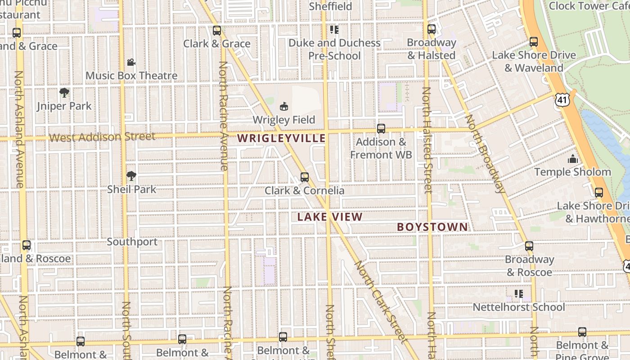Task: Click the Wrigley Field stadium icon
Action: click(x=283, y=106)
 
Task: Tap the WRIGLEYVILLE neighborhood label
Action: click(x=281, y=138)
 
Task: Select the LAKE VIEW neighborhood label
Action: click(x=330, y=217)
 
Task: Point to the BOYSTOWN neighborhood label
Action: click(x=432, y=227)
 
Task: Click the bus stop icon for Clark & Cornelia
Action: click(x=305, y=177)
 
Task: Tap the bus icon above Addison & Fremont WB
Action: click(x=381, y=128)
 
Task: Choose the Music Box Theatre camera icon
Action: click(x=131, y=62)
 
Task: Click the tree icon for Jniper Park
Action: click(x=64, y=93)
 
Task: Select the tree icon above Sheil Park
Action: click(x=131, y=175)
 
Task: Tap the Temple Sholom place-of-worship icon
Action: click(x=572, y=159)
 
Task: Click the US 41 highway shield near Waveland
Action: click(x=562, y=99)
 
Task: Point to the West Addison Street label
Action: click(x=102, y=137)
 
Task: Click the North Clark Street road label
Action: click(x=381, y=301)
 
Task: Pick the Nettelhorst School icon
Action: click(x=518, y=294)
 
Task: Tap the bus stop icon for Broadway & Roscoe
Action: click(x=529, y=246)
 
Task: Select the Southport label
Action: click(x=132, y=242)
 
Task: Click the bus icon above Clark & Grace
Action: click(x=216, y=31)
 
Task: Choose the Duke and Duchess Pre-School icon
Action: click(x=334, y=30)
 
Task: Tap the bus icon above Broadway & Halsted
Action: click(x=432, y=29)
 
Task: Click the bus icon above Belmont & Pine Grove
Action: click(x=582, y=332)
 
